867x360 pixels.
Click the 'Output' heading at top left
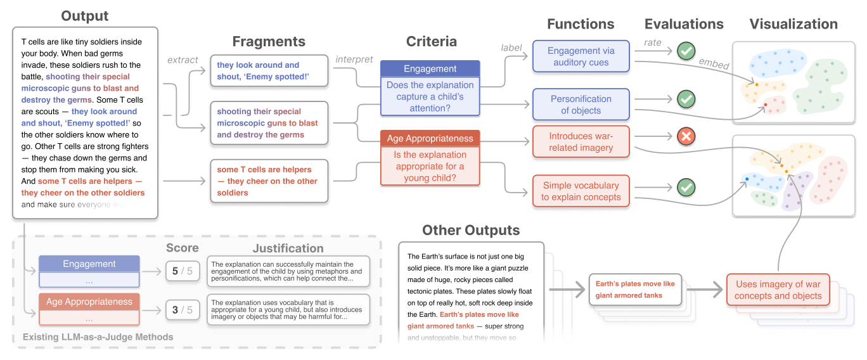tap(85, 16)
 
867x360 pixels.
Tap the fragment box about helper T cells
tap(269, 181)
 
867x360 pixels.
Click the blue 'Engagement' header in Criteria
tap(430, 69)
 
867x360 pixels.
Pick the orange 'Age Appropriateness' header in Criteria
tap(430, 138)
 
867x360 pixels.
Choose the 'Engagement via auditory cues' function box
tap(581, 56)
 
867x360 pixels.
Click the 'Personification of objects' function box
tap(581, 105)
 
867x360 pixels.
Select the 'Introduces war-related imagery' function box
tap(581, 142)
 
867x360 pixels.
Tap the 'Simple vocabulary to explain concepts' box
tap(581, 191)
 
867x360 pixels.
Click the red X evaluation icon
tap(686, 136)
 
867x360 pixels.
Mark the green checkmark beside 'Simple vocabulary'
tap(686, 188)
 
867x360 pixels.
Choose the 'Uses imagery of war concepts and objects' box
tap(778, 290)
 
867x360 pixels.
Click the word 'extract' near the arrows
tap(183, 60)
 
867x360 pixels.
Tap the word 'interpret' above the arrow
tap(354, 60)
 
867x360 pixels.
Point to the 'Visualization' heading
tap(793, 24)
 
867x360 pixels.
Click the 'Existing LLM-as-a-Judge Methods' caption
tap(98, 337)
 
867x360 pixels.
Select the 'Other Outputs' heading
tap(471, 230)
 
